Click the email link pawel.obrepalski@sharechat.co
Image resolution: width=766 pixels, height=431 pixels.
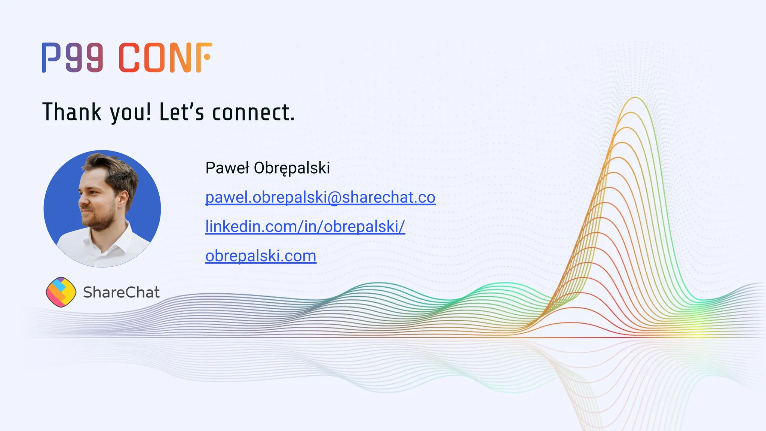tap(320, 197)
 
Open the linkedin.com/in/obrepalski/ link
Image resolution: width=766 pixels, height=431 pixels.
tap(305, 226)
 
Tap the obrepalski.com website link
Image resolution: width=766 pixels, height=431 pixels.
tap(261, 256)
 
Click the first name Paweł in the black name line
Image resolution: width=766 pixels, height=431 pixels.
tap(227, 168)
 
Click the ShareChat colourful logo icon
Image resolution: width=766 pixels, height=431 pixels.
tap(61, 292)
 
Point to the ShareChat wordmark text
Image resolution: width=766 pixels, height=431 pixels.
tap(121, 292)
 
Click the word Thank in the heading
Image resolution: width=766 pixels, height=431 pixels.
tap(71, 112)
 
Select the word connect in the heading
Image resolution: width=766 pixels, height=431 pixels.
tap(253, 112)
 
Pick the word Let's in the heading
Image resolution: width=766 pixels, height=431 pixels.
tap(182, 112)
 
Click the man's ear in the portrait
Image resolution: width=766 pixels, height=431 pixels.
tap(122, 199)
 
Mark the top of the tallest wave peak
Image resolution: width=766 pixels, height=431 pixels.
tap(635, 98)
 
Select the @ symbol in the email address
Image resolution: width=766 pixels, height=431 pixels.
tap(334, 198)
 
